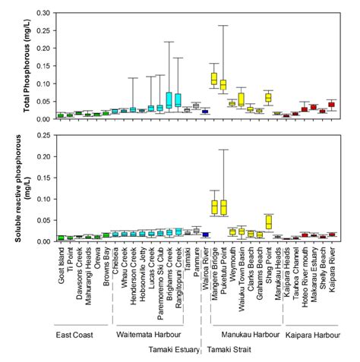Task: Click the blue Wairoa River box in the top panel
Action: tap(205, 112)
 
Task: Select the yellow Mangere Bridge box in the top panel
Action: tap(214, 78)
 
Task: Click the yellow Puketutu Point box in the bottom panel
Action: tap(223, 207)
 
